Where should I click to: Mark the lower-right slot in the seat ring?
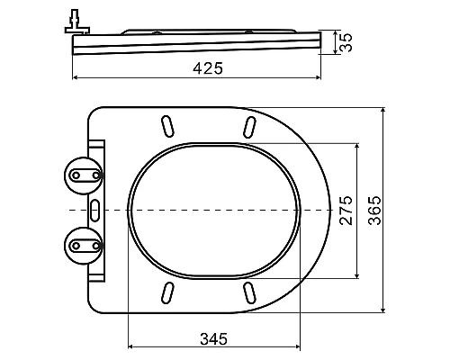click(x=248, y=292)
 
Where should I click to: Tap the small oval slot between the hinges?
click(x=96, y=209)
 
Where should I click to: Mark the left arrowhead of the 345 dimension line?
click(x=131, y=347)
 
